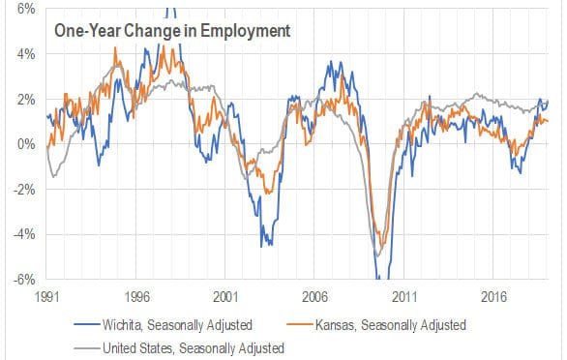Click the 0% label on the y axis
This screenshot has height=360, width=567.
25,144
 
